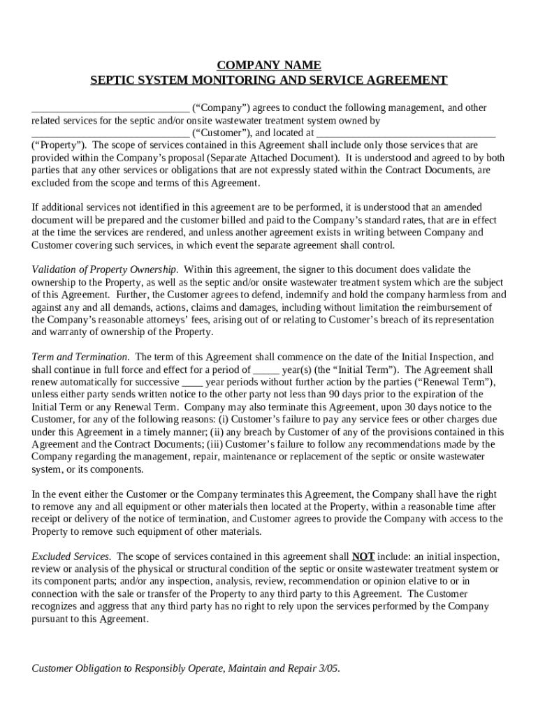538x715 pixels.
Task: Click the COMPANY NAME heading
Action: click(269, 65)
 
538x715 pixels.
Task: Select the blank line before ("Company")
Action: click(110, 108)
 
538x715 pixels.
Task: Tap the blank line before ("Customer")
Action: click(110, 133)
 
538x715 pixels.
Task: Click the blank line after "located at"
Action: click(406, 133)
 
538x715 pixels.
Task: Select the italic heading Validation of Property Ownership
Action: click(105, 270)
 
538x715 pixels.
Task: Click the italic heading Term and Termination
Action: click(80, 357)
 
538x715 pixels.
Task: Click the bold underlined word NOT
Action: click(363, 556)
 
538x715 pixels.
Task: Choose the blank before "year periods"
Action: click(192, 382)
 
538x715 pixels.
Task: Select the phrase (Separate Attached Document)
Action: click(272, 158)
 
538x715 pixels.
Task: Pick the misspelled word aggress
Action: click(108, 606)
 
